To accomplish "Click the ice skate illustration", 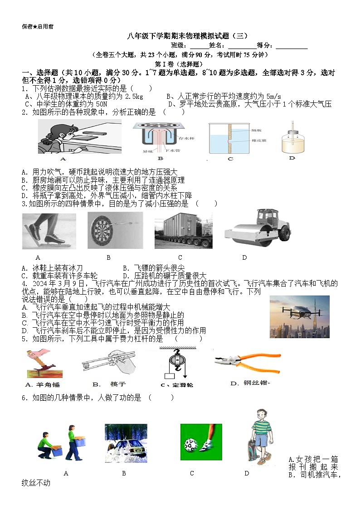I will [x=49, y=231].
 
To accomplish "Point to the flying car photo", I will [x=299, y=316].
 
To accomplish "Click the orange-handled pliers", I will [x=243, y=364].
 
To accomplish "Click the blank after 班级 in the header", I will [x=199, y=46].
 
